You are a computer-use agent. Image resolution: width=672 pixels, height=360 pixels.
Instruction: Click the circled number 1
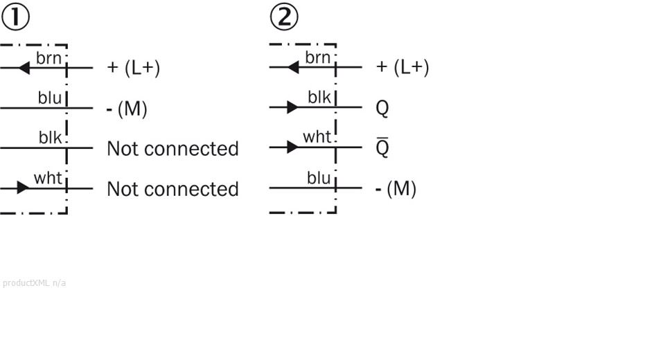point(15,17)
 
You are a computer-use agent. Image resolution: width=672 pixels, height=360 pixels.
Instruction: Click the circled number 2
point(284,17)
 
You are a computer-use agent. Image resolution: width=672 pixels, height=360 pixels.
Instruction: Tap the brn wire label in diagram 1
point(49,57)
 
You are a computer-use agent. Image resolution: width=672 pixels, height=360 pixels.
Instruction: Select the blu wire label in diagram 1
point(49,98)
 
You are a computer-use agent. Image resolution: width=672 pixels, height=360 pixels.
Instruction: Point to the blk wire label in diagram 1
point(50,138)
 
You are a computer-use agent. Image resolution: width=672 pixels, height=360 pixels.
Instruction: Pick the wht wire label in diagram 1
point(48,178)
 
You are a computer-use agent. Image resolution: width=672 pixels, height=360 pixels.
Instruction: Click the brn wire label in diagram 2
point(318,57)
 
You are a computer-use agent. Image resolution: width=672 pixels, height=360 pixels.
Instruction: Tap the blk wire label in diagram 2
point(319,98)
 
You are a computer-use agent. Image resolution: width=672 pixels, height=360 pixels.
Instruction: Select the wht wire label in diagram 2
point(317,137)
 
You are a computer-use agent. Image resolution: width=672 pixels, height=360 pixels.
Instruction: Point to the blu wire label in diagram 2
point(319,178)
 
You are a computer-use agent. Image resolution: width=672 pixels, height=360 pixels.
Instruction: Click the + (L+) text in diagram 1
point(133,68)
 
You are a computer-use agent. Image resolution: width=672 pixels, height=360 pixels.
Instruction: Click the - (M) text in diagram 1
point(127,109)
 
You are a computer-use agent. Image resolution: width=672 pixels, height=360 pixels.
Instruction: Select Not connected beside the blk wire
point(173,149)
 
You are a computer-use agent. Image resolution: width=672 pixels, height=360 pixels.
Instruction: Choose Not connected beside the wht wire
point(173,189)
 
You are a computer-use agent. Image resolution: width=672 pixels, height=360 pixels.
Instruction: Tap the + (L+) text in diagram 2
point(403,67)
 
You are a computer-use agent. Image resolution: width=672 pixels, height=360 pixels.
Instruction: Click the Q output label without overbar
point(382,108)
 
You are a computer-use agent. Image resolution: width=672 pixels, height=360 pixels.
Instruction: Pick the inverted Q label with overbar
point(382,148)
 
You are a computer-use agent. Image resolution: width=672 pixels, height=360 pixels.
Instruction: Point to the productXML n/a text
point(35,282)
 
